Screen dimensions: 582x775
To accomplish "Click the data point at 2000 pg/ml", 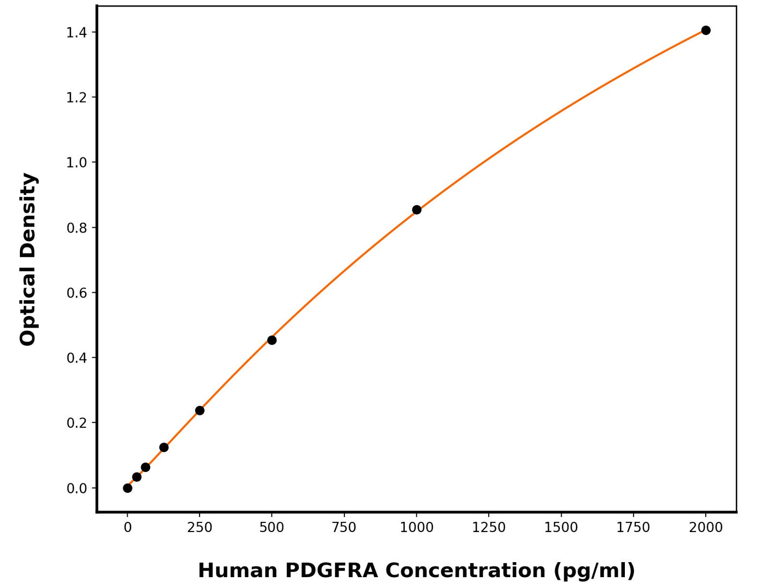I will (706, 31).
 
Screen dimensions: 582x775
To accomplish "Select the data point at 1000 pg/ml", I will (417, 210).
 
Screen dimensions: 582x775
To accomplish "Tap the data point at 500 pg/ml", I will (272, 340).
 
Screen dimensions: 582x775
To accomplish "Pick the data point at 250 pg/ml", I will (200, 411).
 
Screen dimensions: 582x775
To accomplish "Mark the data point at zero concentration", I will (128, 488).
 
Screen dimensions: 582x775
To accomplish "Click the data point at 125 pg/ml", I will (164, 448).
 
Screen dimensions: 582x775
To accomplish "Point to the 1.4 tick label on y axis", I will (76, 33).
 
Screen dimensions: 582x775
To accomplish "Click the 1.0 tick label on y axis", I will (76, 163).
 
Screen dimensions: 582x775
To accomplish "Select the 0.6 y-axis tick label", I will (76, 293).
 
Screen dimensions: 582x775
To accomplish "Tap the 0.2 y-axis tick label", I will (76, 423).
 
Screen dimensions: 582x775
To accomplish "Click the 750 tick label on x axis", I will (344, 528).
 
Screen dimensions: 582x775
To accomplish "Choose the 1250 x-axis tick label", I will (489, 528).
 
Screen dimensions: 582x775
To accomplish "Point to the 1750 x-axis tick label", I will (633, 528).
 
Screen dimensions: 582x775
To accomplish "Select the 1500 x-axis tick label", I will (561, 528).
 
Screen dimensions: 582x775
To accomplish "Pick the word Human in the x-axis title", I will (238, 570).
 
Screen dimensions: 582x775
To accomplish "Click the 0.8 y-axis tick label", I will (76, 228).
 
